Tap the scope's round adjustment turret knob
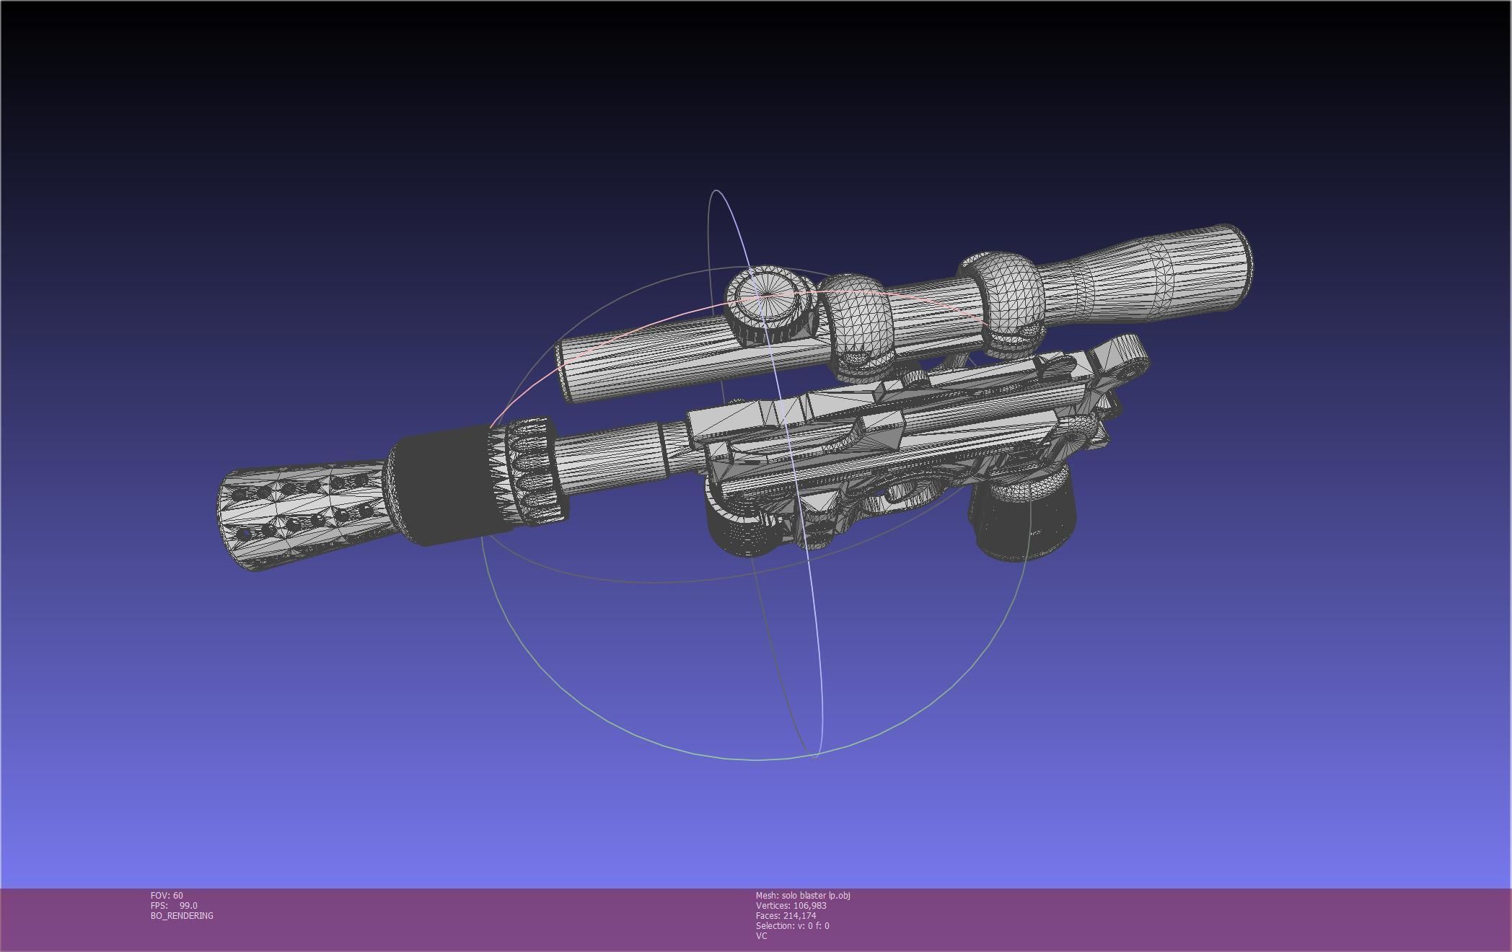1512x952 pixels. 769,306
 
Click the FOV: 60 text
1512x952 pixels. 167,896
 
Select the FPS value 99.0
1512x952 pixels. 188,906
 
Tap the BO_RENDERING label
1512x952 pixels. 182,916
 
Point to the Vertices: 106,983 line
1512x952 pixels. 791,906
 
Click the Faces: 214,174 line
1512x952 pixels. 786,916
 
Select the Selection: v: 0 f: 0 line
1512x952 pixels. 792,926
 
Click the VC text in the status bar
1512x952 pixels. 761,936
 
